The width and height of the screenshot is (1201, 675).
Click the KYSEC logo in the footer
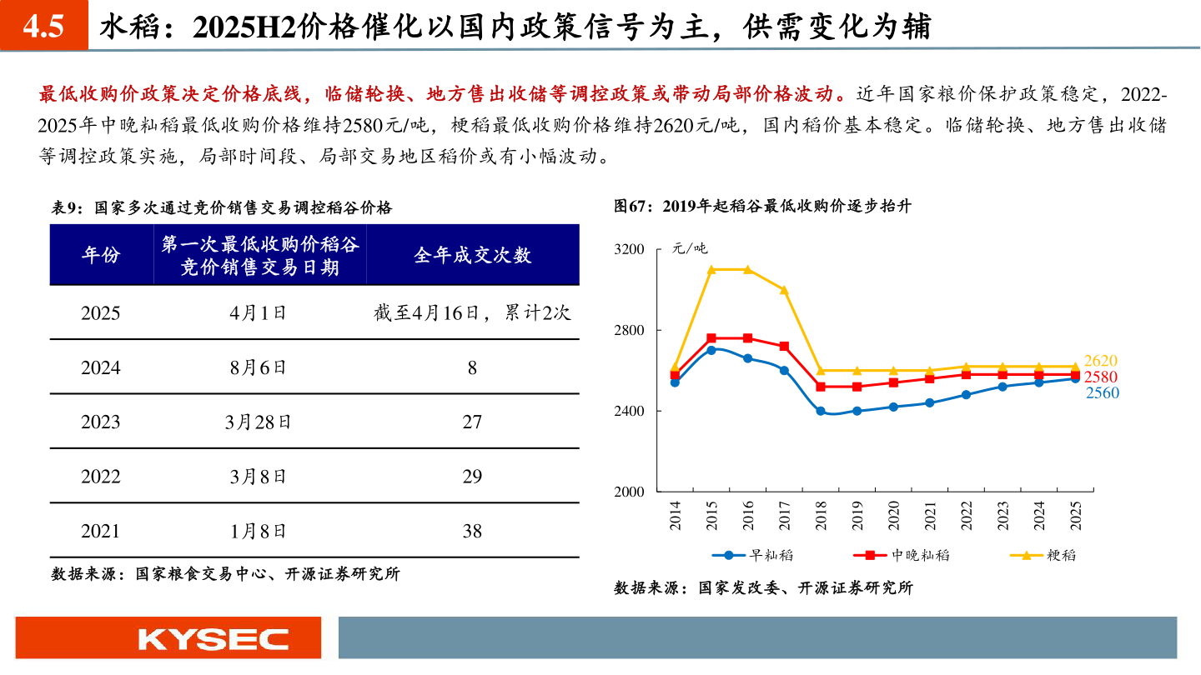(x=213, y=639)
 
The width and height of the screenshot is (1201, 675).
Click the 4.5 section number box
(x=43, y=27)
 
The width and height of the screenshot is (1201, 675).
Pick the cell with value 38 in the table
(x=472, y=531)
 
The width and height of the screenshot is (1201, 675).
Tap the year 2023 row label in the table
(x=100, y=422)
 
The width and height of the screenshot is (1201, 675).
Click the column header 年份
(x=100, y=255)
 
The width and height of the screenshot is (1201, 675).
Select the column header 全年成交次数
(x=472, y=255)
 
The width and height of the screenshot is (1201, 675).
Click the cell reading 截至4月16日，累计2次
(x=472, y=313)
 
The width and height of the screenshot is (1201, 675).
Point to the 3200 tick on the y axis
(x=631, y=249)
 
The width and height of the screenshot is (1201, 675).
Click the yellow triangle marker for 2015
(x=711, y=269)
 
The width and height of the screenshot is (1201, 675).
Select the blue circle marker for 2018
(x=821, y=411)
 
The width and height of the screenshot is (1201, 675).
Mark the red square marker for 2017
(x=784, y=346)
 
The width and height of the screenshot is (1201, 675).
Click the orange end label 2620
(x=1101, y=361)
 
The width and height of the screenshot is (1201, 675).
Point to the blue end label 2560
(x=1102, y=393)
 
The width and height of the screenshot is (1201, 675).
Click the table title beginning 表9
(x=222, y=207)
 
